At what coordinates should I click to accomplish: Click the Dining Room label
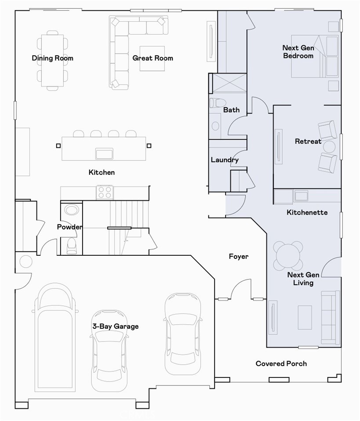point(52,58)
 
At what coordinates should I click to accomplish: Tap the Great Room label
point(153,58)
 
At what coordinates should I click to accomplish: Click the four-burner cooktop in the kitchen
point(105,192)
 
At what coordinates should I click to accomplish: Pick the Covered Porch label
point(281,363)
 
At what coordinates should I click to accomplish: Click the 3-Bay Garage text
point(115,326)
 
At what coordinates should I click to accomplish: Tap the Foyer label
point(239,256)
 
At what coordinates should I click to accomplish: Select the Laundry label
point(224,160)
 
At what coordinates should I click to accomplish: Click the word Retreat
point(308,142)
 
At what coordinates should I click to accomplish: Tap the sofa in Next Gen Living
point(330,317)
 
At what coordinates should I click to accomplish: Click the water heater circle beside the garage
point(26,262)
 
